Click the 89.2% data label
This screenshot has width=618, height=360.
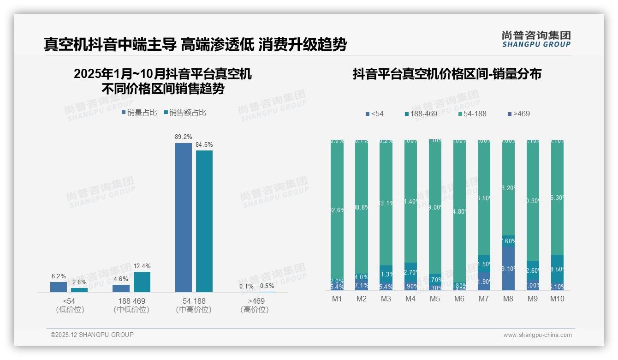[x=184, y=137]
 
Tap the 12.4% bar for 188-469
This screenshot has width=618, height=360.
[x=142, y=282]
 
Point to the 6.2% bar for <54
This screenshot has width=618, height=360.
[x=59, y=287]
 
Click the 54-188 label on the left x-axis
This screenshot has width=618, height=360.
[x=194, y=301]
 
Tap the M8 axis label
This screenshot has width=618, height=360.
[x=508, y=299]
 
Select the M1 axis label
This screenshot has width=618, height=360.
[x=337, y=299]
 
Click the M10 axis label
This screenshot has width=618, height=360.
[x=557, y=299]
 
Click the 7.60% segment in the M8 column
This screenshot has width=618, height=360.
[x=508, y=241]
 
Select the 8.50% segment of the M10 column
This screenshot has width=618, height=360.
[x=557, y=269]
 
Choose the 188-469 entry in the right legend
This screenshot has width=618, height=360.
[x=420, y=114]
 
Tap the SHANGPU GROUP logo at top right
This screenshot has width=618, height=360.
[x=536, y=39]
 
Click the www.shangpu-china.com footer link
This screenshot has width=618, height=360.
[x=537, y=335]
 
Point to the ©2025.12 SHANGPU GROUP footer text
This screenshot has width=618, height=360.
[x=92, y=335]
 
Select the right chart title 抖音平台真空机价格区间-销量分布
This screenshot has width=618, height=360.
[x=447, y=74]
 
